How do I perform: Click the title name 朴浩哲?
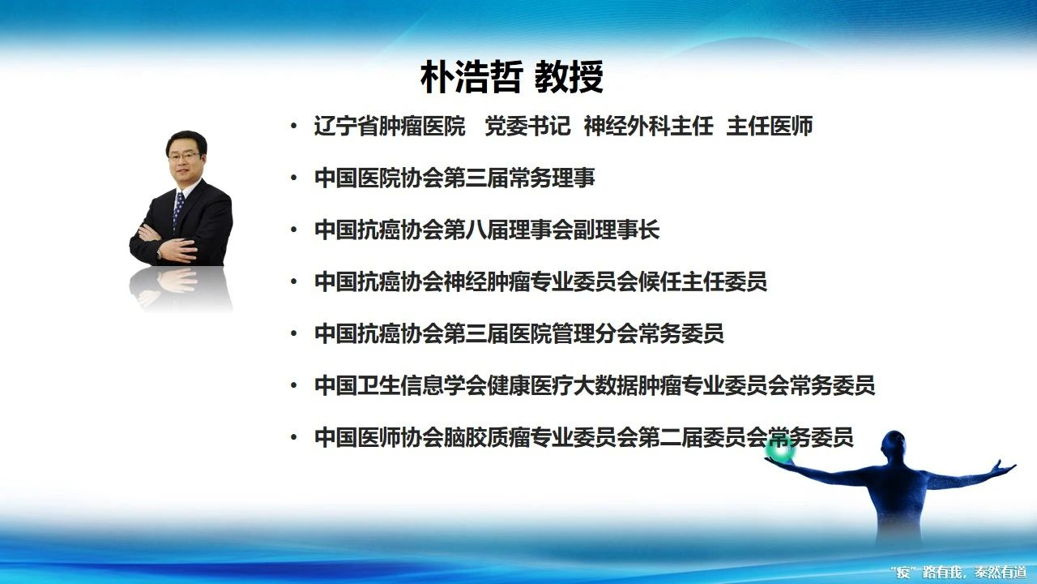coord(472,77)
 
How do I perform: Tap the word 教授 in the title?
coord(570,77)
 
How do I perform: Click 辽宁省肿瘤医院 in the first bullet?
coord(390,126)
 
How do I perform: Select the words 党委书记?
coord(527,126)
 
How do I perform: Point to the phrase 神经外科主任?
coord(649,126)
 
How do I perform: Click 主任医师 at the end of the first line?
coord(770,126)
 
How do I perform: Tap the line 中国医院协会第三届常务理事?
coord(454,178)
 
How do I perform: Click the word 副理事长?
coord(617,230)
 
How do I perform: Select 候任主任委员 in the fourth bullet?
coord(702,281)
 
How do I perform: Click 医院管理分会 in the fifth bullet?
coord(574,333)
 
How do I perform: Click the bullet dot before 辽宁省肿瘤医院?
coord(293,126)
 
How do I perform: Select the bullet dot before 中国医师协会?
coord(293,437)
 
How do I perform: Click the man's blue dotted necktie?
coord(177,210)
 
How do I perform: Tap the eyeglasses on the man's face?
coord(184,156)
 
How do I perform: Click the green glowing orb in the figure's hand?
coord(779,450)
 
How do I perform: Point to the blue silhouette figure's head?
coord(894,445)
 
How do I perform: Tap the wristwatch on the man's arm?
coord(159,252)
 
